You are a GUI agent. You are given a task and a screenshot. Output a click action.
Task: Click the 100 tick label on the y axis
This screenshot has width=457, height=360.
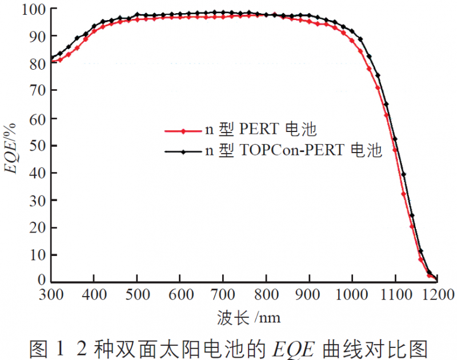(x=33, y=9)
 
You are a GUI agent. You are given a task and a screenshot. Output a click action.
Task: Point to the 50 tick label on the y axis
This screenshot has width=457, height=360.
(x=37, y=145)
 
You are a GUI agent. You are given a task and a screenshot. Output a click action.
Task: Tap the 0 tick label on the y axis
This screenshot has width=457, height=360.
(x=41, y=280)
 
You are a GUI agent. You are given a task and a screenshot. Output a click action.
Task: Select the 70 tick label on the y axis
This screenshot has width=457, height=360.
(x=37, y=90)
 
